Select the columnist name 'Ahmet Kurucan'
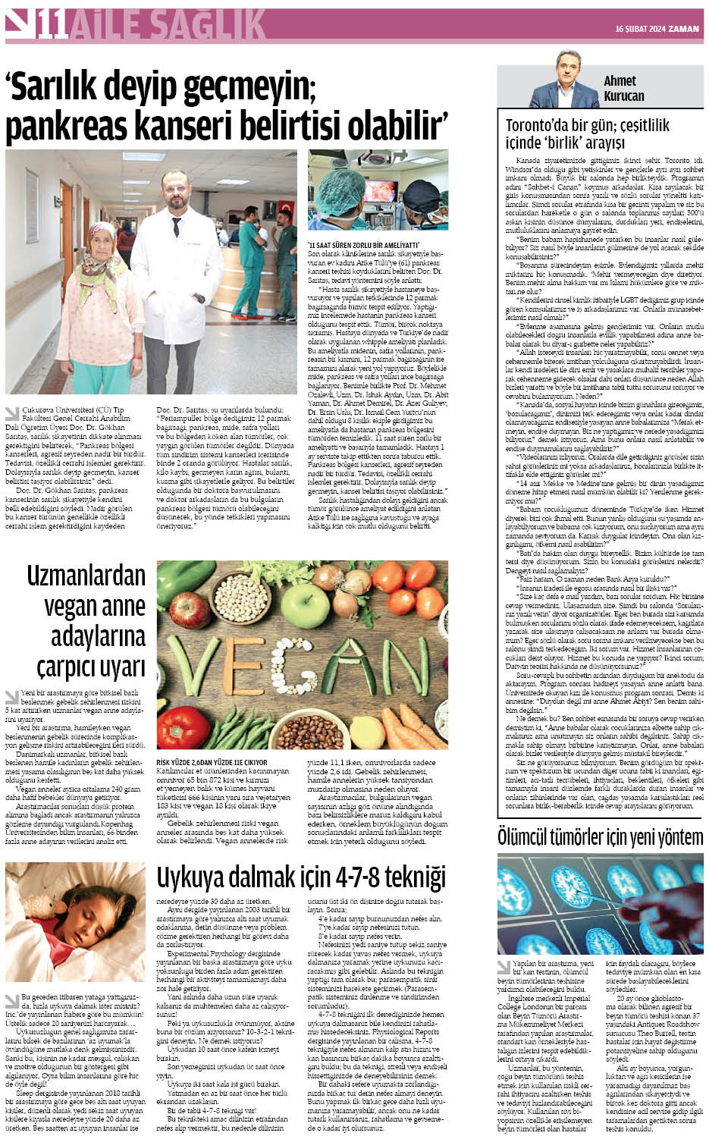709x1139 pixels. click(x=623, y=88)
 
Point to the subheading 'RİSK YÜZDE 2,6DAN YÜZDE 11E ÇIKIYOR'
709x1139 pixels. click(x=212, y=762)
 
